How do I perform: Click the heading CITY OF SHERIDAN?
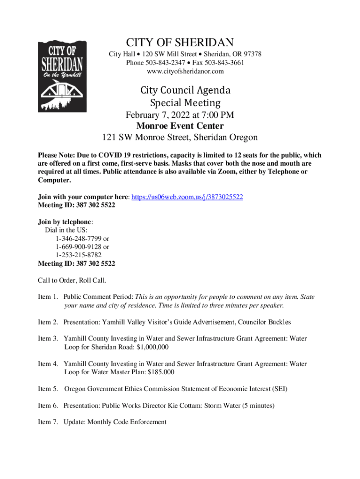[x=180, y=43]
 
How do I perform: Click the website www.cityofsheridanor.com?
[x=185, y=71]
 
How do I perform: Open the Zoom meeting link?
[x=187, y=197]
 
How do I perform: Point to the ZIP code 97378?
[x=252, y=54]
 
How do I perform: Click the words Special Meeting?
[x=185, y=102]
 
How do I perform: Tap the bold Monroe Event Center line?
[x=180, y=126]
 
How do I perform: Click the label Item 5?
[x=48, y=389]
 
